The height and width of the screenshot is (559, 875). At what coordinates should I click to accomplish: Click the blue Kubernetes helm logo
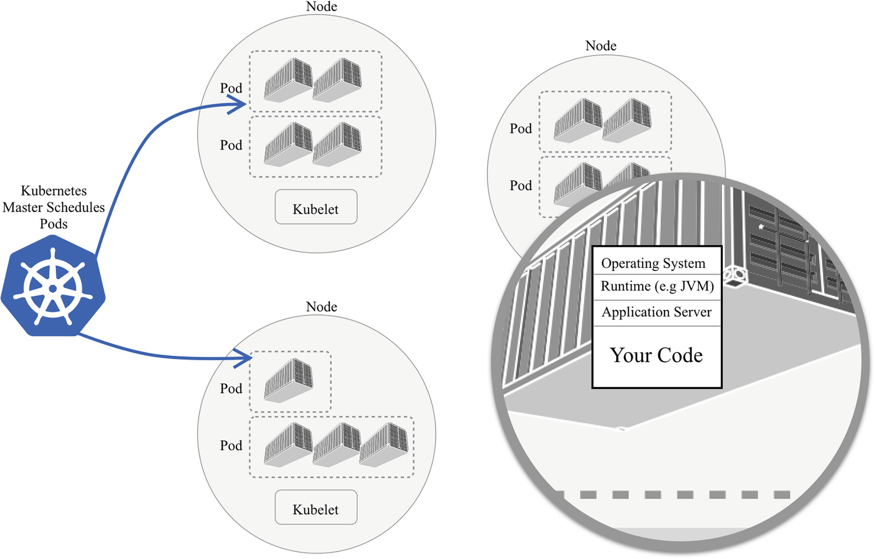point(53,287)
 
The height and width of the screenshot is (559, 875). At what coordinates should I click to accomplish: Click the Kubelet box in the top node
point(316,207)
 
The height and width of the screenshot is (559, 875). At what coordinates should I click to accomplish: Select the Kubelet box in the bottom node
point(316,507)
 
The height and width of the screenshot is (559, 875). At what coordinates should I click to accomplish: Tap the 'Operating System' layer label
point(653,263)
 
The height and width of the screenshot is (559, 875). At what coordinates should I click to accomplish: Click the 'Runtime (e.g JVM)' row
point(657,286)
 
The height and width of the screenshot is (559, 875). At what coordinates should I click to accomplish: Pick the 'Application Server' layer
point(656,312)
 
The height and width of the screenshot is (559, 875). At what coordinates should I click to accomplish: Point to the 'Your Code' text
point(656,355)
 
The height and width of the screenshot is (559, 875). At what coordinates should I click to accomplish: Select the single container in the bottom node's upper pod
point(288,381)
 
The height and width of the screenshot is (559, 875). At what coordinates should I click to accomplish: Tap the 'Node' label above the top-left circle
point(322,7)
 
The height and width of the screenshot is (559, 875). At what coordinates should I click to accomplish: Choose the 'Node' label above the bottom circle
point(322,307)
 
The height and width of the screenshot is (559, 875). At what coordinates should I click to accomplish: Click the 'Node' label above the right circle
point(601,46)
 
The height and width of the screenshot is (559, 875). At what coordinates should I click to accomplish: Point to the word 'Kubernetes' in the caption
point(54,191)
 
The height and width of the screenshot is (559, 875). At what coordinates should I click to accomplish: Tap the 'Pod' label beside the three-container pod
point(231,445)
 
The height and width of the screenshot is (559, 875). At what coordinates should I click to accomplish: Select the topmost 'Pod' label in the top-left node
point(231,88)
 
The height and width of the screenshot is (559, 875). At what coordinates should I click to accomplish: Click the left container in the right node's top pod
point(578,120)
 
